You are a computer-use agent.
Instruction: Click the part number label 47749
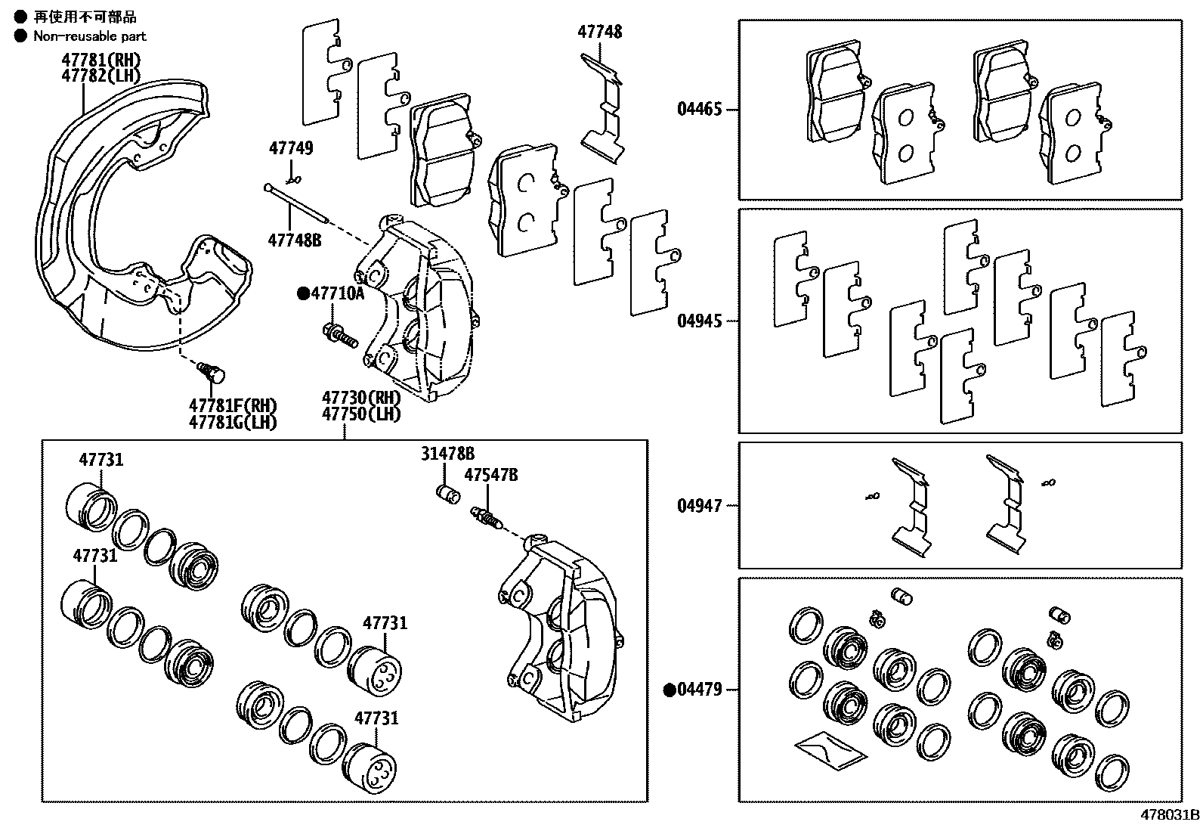point(291,148)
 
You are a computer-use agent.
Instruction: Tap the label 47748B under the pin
point(294,240)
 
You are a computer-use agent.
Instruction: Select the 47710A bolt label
point(336,294)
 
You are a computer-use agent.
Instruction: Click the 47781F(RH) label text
point(233,405)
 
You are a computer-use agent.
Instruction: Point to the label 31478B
point(447,454)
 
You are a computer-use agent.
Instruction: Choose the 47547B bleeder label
point(491,475)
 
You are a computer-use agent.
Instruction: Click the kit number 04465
point(699,109)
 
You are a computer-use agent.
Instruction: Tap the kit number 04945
point(699,321)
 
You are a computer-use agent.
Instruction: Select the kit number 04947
point(699,505)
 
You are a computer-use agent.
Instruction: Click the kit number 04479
point(699,690)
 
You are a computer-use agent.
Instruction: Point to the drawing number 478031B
point(1170,815)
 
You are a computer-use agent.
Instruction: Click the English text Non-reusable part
point(89,36)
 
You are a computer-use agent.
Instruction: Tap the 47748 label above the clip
point(600,32)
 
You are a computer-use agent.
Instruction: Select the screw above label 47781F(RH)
point(212,372)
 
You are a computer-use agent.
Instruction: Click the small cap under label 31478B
point(449,495)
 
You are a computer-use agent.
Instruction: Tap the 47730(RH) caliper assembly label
point(361,398)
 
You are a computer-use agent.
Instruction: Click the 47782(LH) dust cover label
point(101,75)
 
